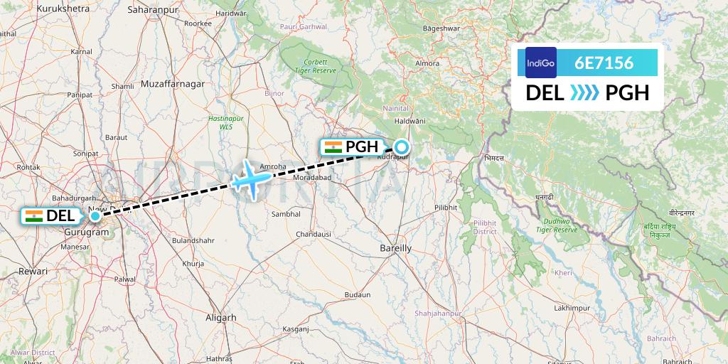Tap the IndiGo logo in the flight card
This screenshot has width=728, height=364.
click(x=541, y=63)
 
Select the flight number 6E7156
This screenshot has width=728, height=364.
click(x=604, y=63)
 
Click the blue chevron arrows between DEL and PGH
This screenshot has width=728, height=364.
click(x=585, y=92)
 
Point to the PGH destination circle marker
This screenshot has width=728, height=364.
click(x=402, y=147)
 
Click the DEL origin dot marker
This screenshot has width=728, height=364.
click(x=95, y=215)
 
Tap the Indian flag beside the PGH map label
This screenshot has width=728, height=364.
click(x=332, y=147)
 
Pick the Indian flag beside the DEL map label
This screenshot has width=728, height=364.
click(x=33, y=216)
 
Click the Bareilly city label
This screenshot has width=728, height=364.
click(x=396, y=248)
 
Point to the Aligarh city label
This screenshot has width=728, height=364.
click(x=220, y=318)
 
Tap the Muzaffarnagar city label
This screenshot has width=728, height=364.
click(x=173, y=84)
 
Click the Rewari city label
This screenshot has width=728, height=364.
click(x=33, y=271)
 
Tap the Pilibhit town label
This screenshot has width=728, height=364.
click(x=446, y=208)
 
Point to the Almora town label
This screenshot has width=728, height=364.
click(x=427, y=63)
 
